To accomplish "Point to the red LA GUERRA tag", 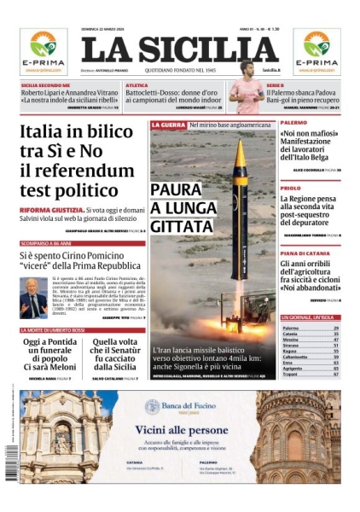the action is (168, 125).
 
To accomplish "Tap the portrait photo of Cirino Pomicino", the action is (33, 296).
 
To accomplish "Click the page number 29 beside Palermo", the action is (336, 329).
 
